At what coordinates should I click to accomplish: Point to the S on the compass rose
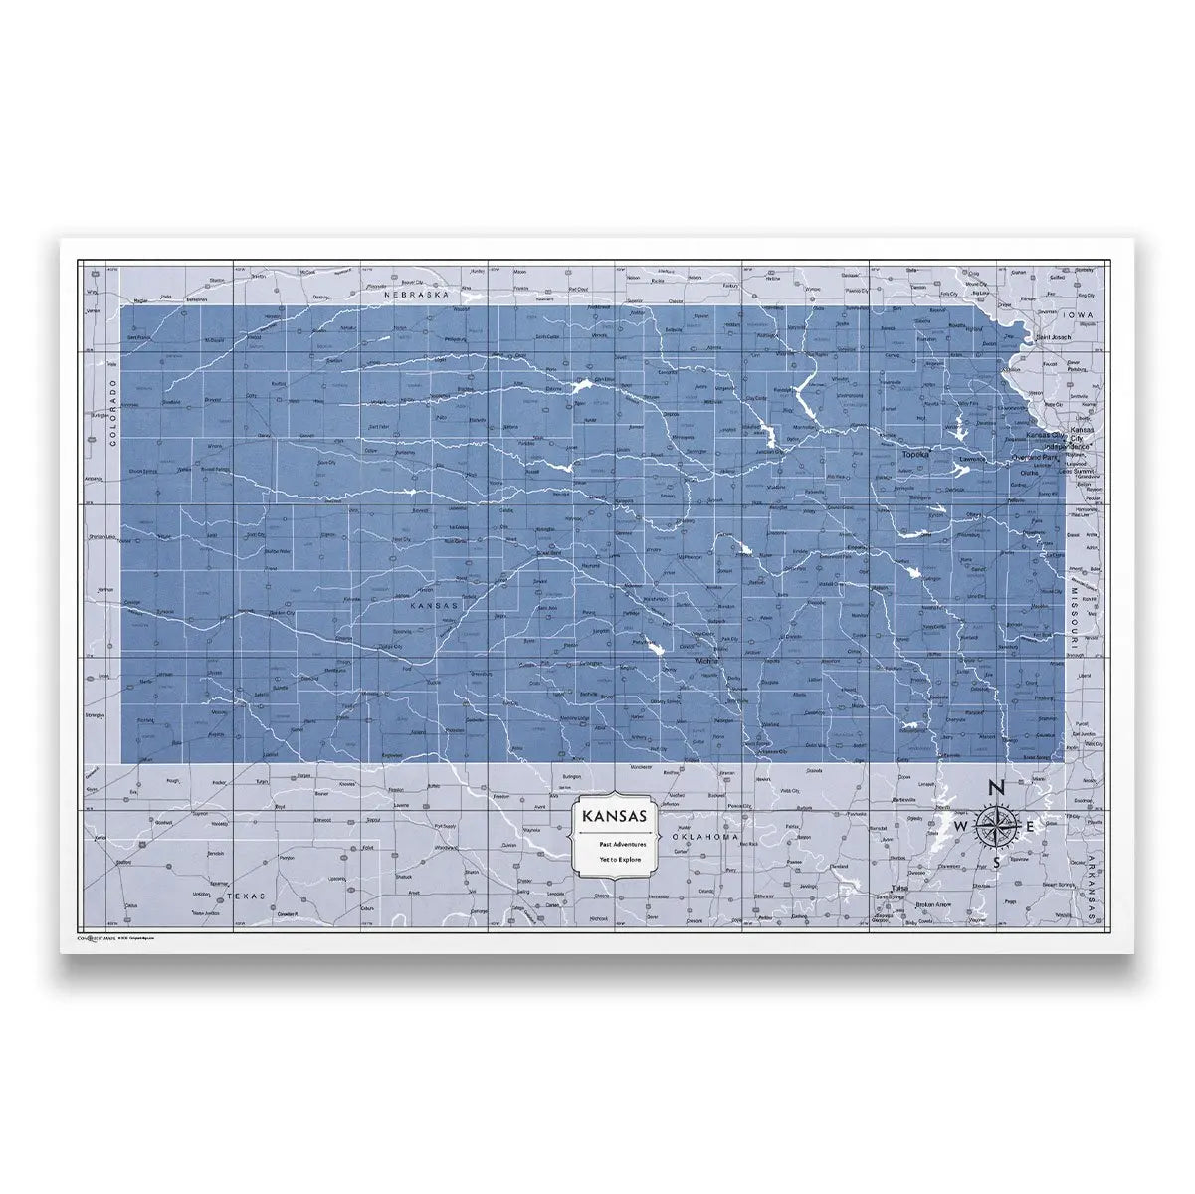[995, 863]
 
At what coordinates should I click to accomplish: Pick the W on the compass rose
[960, 827]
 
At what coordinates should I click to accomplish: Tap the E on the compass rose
[1030, 827]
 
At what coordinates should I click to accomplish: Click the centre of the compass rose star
[995, 826]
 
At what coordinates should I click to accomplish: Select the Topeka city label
[915, 455]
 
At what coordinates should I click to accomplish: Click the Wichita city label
[707, 659]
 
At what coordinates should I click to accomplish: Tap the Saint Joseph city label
[1054, 338]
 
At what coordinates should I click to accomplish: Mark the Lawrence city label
[972, 460]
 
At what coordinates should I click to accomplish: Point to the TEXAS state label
[248, 896]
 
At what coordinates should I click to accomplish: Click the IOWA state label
[1078, 314]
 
